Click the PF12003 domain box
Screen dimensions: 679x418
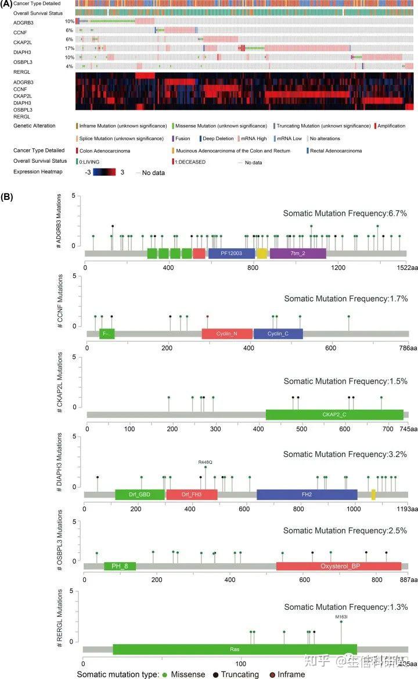coord(231,253)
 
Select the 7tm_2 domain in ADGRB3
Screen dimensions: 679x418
coord(298,253)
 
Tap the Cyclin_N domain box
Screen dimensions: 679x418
coord(227,334)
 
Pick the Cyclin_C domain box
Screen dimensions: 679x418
coord(278,334)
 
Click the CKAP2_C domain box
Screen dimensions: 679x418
coord(334,414)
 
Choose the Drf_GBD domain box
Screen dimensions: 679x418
coord(140,495)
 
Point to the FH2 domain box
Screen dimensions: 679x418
coord(307,495)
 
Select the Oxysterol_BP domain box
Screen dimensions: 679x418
coord(338,566)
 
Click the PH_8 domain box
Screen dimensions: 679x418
coord(120,566)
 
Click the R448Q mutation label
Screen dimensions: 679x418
coord(206,462)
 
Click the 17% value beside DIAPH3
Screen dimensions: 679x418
coord(69,48)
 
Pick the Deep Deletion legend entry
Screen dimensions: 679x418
coord(219,138)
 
